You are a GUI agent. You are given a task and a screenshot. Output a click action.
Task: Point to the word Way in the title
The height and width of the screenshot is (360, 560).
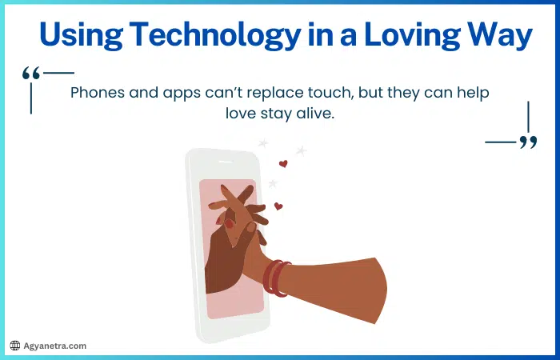pos(500,35)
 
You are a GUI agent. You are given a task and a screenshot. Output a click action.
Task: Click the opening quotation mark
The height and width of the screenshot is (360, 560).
pos(32,74)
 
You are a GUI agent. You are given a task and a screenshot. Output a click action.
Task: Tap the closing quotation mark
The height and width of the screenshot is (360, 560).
pos(527,142)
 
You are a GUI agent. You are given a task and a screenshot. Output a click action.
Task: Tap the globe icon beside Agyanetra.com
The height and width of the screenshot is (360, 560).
pos(14,346)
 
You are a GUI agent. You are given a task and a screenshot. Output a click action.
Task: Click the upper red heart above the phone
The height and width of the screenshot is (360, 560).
pos(282,164)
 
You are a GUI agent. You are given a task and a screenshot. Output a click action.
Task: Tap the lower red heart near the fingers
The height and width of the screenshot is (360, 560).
pos(278,206)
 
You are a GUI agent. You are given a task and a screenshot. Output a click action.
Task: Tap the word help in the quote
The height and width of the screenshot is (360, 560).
pos(471,92)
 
